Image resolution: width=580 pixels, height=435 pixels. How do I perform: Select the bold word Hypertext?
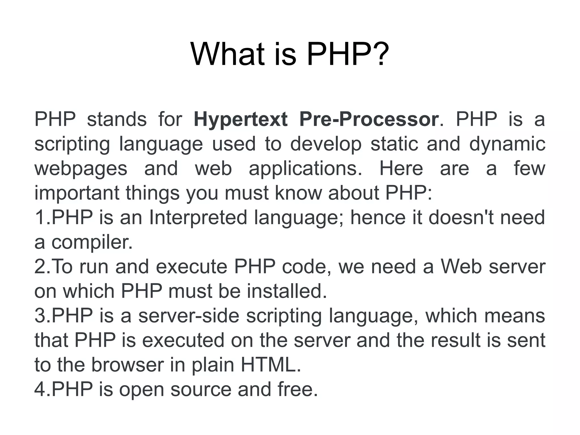pyautogui.click(x=240, y=119)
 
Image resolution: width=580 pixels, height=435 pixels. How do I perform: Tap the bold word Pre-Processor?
pyautogui.click(x=369, y=119)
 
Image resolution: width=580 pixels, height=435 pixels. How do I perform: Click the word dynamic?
pyautogui.click(x=507, y=144)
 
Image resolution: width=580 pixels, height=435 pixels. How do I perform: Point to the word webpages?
pyautogui.click(x=81, y=169)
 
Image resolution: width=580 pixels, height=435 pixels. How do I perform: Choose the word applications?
pyautogui.click(x=305, y=169)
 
